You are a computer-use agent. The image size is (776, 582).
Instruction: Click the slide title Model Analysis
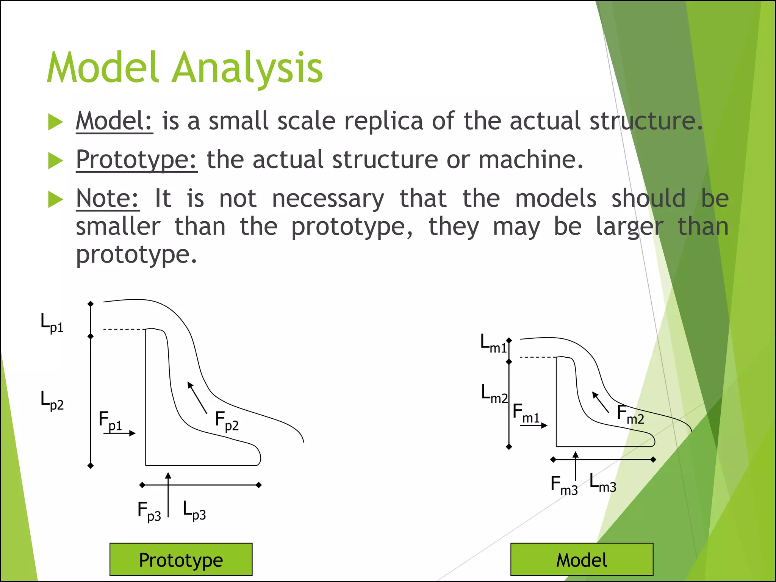coord(185,68)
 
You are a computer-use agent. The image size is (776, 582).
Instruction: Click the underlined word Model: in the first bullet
coord(114,121)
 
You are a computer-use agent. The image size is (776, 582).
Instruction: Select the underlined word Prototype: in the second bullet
coord(136,160)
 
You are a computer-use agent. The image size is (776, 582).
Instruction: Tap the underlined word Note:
coord(108,198)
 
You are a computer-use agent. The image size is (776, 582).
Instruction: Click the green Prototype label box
coord(181,560)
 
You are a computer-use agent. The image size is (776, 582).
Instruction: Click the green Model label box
coord(582,560)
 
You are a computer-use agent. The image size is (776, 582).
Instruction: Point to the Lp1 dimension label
coord(52,323)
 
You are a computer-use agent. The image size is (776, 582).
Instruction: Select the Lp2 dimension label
coord(52,401)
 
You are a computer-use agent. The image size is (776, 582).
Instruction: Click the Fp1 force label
coord(110,421)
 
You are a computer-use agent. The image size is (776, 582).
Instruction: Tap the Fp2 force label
coord(227,421)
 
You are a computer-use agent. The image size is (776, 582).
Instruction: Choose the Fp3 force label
coord(149,511)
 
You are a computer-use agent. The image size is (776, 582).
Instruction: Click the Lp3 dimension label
coord(194,510)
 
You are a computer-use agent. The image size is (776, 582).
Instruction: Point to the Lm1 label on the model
coord(493,344)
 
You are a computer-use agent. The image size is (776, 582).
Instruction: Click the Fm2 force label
coord(630,414)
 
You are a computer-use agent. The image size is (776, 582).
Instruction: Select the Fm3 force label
coord(564,485)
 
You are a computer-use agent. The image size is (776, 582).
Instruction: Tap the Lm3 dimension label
coord(603,483)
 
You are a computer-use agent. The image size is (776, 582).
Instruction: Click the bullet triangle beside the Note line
coord(55,199)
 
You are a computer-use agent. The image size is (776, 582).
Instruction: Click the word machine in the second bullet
coord(530,160)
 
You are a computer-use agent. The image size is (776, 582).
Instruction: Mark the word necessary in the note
coord(328,199)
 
